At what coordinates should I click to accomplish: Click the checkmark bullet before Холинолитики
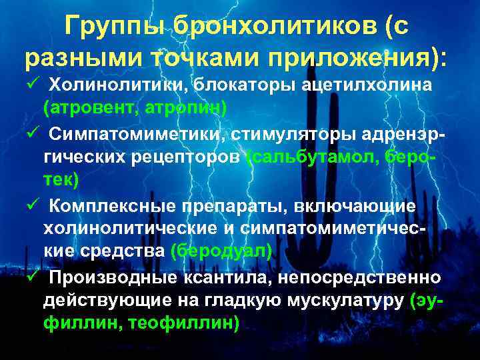coord(32,86)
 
